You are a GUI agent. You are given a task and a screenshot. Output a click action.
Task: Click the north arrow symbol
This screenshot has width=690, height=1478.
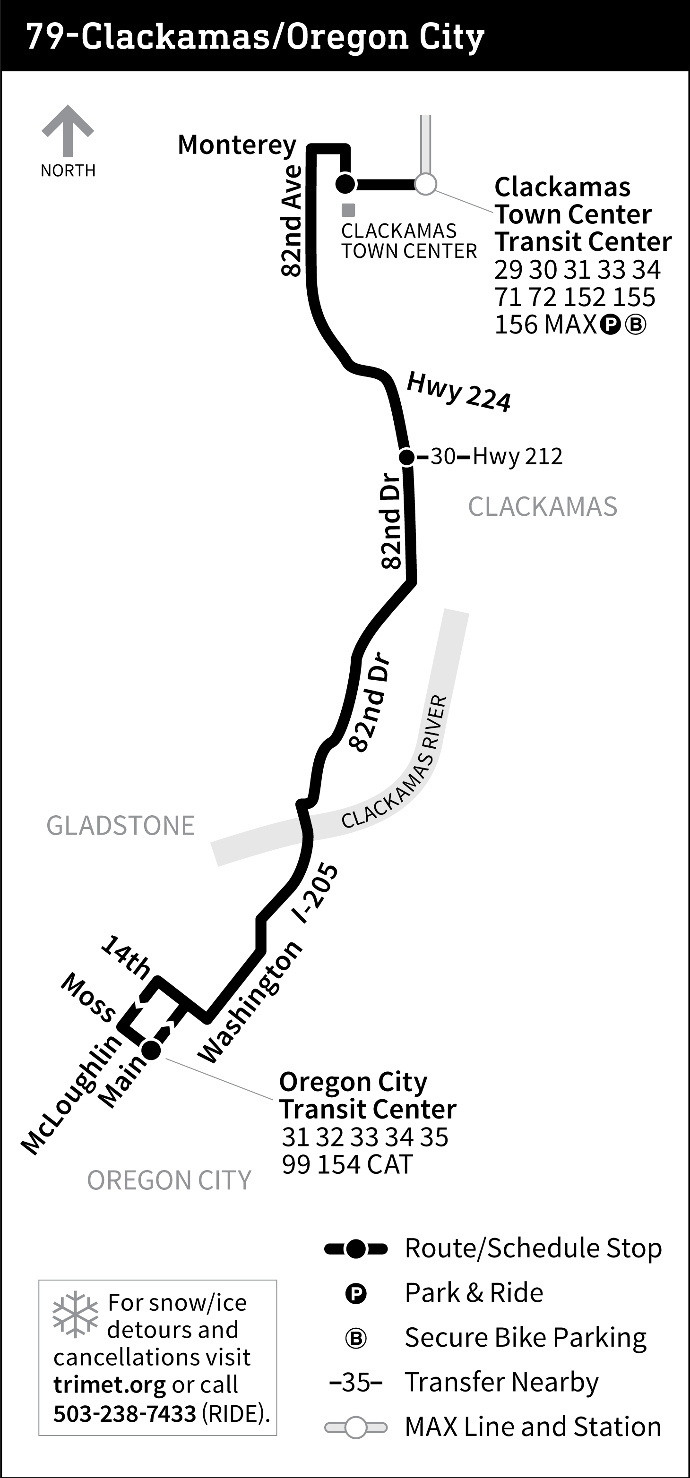click(x=68, y=130)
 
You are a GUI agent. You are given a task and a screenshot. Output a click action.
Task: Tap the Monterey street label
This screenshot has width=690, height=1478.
click(x=236, y=145)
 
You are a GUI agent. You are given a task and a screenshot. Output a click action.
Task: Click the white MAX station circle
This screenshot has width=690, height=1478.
click(x=425, y=185)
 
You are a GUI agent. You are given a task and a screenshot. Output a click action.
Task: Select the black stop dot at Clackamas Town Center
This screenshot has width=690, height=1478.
click(x=345, y=184)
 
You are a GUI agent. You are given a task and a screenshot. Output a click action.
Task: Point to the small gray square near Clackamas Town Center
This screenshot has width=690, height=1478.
click(x=348, y=210)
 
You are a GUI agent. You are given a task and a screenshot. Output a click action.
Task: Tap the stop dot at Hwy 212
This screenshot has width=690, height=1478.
click(x=406, y=457)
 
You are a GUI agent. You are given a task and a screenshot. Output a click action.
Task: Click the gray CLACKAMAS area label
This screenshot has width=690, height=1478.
click(x=543, y=507)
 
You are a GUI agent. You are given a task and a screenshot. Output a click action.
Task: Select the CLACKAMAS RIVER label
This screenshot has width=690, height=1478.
click(x=395, y=762)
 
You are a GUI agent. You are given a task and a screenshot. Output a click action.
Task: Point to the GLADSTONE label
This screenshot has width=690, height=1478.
click(x=121, y=826)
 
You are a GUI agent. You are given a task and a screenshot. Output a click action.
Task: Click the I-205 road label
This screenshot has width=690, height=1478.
click(x=315, y=893)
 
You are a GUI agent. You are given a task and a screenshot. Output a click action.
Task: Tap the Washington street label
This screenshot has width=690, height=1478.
click(x=250, y=1002)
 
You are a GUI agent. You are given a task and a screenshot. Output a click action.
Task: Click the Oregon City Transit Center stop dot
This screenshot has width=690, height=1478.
click(x=152, y=1050)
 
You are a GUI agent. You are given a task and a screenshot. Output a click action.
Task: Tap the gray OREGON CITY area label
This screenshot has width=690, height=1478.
click(x=169, y=1180)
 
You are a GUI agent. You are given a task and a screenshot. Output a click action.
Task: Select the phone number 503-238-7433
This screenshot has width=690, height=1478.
click(x=125, y=1413)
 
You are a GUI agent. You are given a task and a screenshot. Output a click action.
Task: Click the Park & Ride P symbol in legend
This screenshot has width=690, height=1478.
click(x=356, y=1293)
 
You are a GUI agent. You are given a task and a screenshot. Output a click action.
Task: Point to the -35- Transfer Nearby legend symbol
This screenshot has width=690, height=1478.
click(x=356, y=1382)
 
